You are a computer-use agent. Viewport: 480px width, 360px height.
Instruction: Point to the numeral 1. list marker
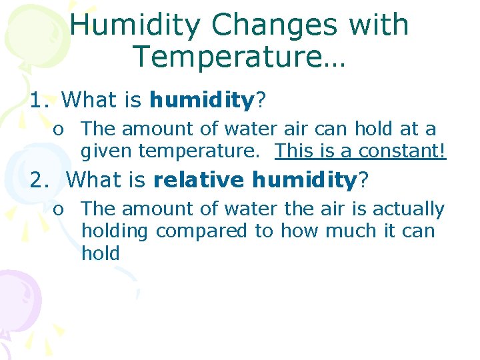click(x=39, y=101)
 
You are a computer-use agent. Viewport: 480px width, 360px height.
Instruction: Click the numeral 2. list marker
click(x=42, y=180)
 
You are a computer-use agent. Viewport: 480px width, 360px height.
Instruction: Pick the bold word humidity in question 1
click(x=202, y=101)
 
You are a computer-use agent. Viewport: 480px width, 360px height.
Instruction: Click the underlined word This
click(x=297, y=151)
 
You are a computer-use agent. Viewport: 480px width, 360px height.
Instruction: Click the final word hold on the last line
click(x=100, y=253)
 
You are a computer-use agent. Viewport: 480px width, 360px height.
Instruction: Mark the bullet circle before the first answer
click(x=59, y=129)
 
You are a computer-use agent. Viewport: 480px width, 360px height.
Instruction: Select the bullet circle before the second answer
click(x=59, y=209)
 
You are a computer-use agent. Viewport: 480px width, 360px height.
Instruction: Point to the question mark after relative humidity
click(x=365, y=180)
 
